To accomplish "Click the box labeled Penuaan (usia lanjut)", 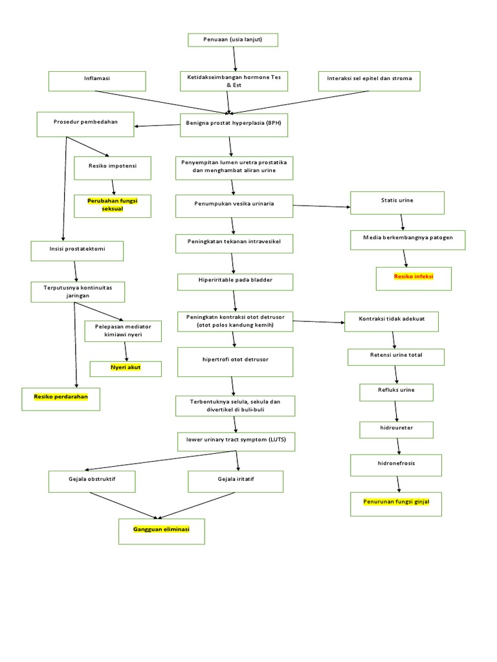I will coord(233,40).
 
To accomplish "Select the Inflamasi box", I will coord(98,81).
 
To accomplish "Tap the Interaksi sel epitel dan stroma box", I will coord(370,81).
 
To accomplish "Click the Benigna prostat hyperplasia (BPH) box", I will coord(234,125).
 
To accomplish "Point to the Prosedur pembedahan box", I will coord(85,124).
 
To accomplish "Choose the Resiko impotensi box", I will coord(113,167).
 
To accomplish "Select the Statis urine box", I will coord(397,202).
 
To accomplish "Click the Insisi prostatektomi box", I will coord(77,250).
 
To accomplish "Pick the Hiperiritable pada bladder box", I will coord(236,282).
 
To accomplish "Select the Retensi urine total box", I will coord(396,357).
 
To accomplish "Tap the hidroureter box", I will coord(396,429).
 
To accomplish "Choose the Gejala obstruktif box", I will coord(92,482).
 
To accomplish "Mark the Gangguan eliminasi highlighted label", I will coord(161,530).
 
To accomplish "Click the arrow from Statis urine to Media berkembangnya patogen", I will coord(403,221).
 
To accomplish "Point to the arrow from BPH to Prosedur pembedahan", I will coord(157,125).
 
